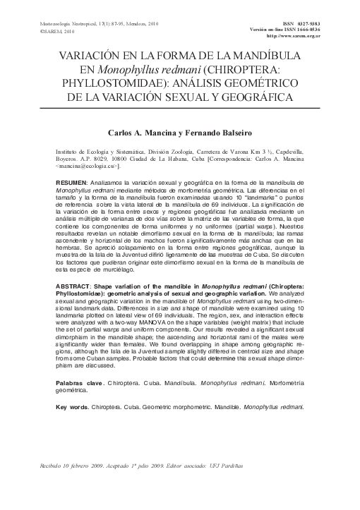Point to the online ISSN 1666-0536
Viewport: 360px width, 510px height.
click(304, 30)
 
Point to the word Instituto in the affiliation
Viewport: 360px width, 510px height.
click(68, 152)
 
